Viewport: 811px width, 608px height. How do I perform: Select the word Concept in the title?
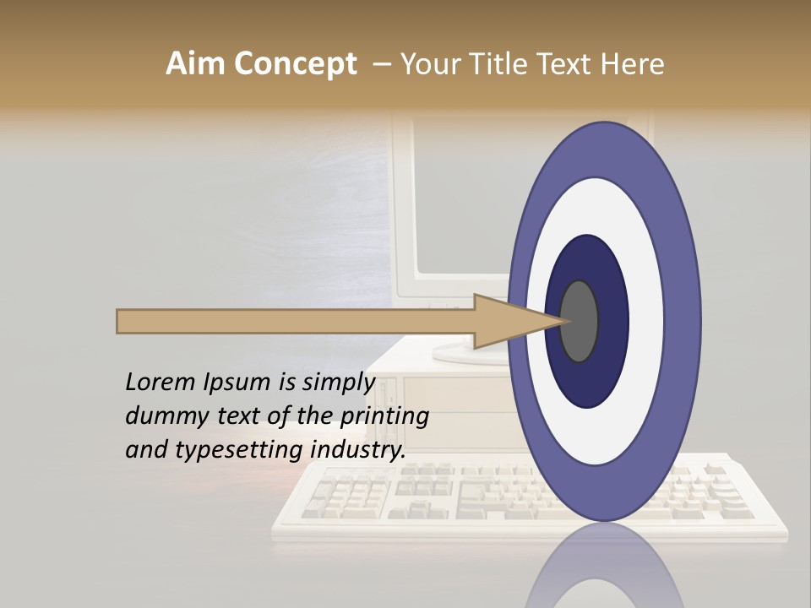pyautogui.click(x=296, y=65)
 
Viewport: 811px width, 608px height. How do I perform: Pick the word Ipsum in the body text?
pyautogui.click(x=237, y=382)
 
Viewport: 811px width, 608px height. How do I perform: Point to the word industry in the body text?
pyautogui.click(x=358, y=449)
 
